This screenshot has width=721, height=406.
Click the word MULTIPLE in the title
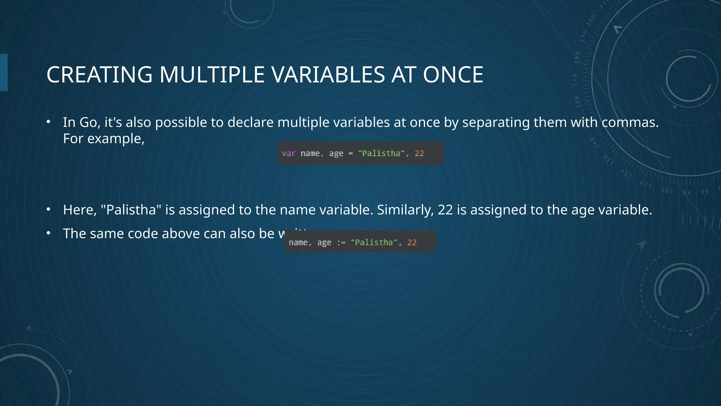212,75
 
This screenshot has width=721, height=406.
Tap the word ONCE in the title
453,75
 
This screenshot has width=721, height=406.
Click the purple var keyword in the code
288,153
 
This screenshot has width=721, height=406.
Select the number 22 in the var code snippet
419,153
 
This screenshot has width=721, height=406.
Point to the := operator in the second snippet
341,242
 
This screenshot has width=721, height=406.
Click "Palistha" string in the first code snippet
381,153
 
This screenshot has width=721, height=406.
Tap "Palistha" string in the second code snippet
374,242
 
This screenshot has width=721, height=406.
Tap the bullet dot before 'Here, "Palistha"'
49,210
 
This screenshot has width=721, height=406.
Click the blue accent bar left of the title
4,72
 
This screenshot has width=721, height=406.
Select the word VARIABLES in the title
328,75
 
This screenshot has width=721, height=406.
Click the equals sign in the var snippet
350,153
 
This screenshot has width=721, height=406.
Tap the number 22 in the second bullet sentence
445,210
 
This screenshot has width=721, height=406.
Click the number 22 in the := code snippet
412,242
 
